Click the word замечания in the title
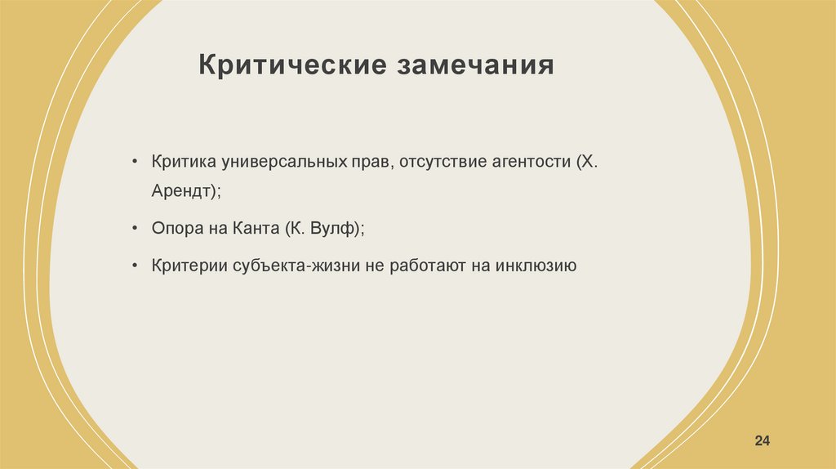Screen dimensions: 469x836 pos(476,65)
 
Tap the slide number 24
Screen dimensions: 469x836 pos(763,441)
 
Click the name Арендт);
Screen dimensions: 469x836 pos(186,191)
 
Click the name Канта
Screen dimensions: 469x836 pos(253,229)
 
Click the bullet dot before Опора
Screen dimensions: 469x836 pos(133,229)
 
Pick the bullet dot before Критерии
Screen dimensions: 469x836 pos(133,266)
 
